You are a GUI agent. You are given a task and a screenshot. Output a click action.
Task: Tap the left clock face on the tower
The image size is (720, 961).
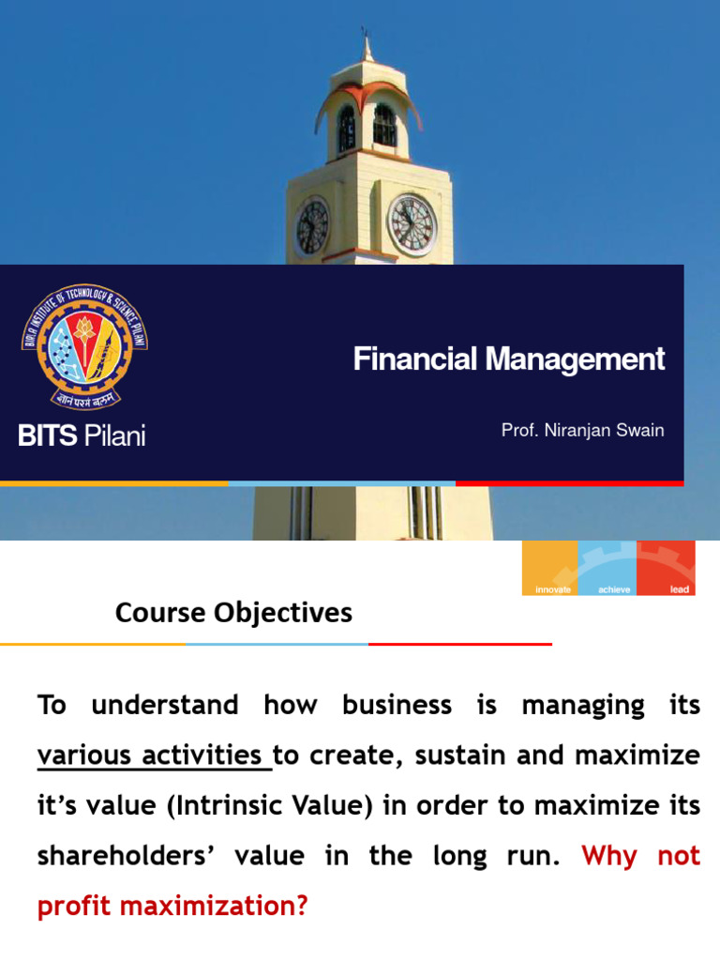pos(312,228)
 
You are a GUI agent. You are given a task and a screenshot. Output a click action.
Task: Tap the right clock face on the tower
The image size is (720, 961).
pos(412,225)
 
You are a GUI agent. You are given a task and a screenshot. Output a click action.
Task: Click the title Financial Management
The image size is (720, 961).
pos(509,358)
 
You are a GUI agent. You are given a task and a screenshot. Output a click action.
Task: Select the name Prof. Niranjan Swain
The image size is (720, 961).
pos(582,430)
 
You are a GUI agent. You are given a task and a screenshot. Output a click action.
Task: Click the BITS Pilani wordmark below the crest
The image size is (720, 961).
pos(82,435)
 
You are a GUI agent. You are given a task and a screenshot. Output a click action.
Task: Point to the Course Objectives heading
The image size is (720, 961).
pos(233,613)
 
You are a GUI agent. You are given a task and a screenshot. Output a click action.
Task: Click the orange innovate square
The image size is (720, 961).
pos(549,568)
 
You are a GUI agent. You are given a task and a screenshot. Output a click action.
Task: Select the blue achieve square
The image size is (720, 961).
pos(607,568)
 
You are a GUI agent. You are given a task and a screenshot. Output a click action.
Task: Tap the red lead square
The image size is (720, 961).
pos(666,568)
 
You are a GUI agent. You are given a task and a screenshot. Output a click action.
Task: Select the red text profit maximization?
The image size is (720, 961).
pos(172,907)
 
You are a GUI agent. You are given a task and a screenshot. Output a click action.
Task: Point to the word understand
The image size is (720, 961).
pos(165,705)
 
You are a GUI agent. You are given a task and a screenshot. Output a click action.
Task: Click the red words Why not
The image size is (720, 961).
pos(641,856)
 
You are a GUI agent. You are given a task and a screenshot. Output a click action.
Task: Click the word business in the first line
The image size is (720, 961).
pos(397,705)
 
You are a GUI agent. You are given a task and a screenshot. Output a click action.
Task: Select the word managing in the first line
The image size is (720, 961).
pos(583,705)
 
